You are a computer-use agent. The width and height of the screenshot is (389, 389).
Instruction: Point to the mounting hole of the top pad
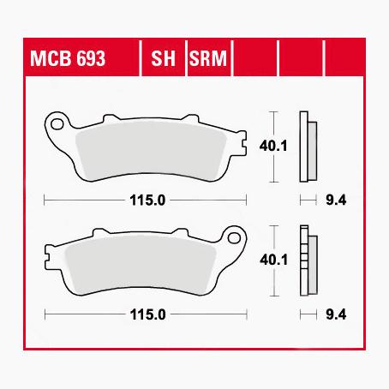click(x=58, y=123)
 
